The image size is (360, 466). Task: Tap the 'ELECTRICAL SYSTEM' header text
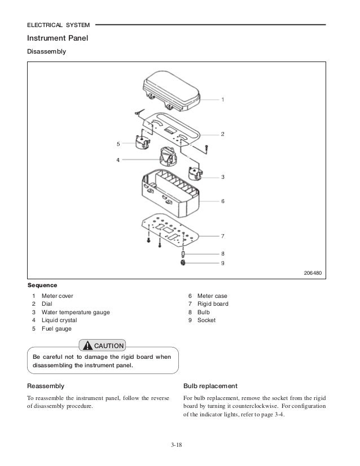[58, 24]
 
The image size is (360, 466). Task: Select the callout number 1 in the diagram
[222, 100]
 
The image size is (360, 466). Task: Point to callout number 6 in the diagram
[222, 201]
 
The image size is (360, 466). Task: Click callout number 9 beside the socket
[222, 263]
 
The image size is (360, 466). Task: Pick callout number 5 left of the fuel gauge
[119, 143]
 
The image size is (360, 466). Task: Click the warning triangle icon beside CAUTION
[87, 346]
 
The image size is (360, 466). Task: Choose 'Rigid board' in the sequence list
[213, 304]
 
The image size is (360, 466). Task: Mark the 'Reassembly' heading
[45, 386]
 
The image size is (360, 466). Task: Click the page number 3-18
[179, 446]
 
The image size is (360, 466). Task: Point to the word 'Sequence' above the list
[42, 285]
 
